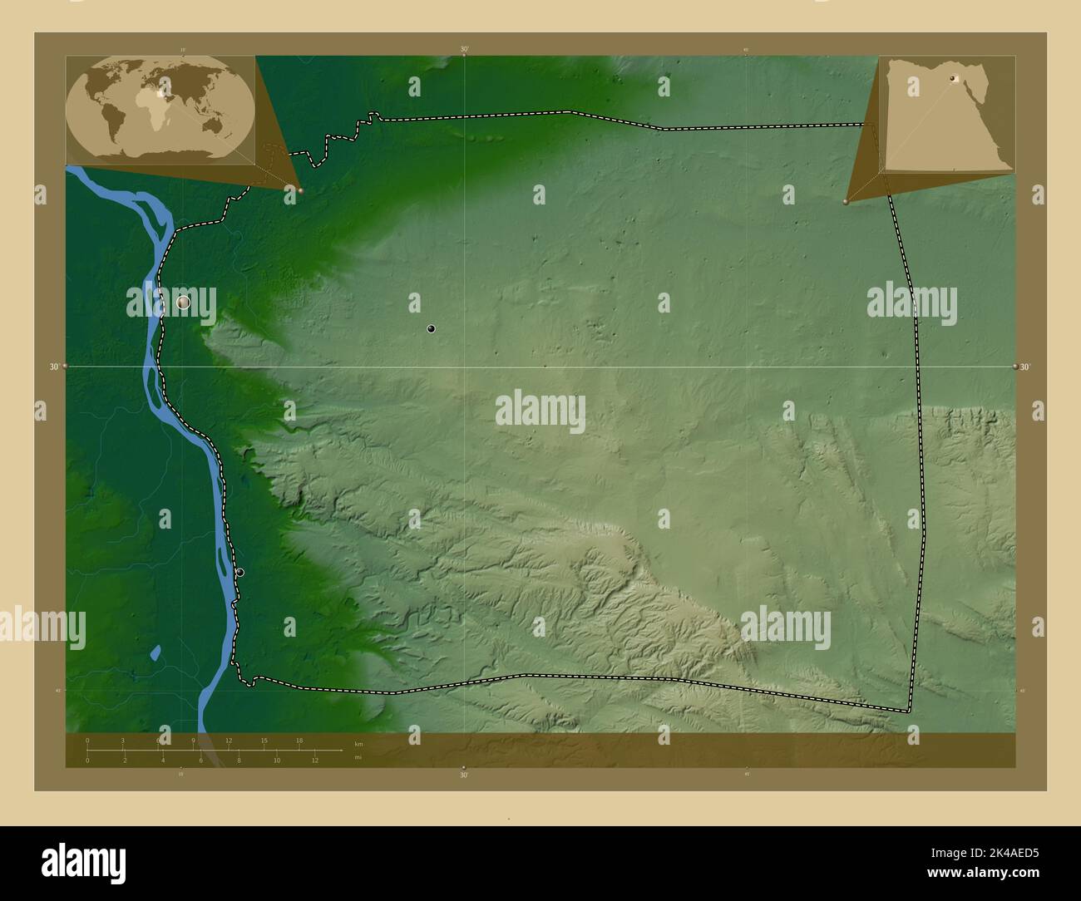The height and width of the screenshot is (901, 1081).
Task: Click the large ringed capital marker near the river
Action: (x=184, y=303)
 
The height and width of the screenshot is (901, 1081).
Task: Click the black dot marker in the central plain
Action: (x=431, y=329)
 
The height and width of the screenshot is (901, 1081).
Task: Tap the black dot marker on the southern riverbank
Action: (x=239, y=573)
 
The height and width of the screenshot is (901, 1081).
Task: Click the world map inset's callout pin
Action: (x=300, y=190)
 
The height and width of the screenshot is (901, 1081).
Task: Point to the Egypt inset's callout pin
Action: (x=846, y=202)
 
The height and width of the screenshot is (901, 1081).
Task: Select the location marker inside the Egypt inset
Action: (x=953, y=79)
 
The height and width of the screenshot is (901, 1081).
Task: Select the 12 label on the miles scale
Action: (x=315, y=760)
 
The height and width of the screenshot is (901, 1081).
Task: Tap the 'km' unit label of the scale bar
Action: (x=358, y=743)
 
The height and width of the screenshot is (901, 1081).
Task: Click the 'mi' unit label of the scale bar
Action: (x=358, y=757)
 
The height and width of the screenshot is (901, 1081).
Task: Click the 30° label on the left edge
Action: (x=54, y=367)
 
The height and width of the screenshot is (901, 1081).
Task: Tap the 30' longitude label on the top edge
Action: (x=464, y=50)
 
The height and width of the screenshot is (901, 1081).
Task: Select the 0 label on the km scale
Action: (x=87, y=740)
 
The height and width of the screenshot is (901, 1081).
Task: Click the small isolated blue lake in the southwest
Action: (x=155, y=652)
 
